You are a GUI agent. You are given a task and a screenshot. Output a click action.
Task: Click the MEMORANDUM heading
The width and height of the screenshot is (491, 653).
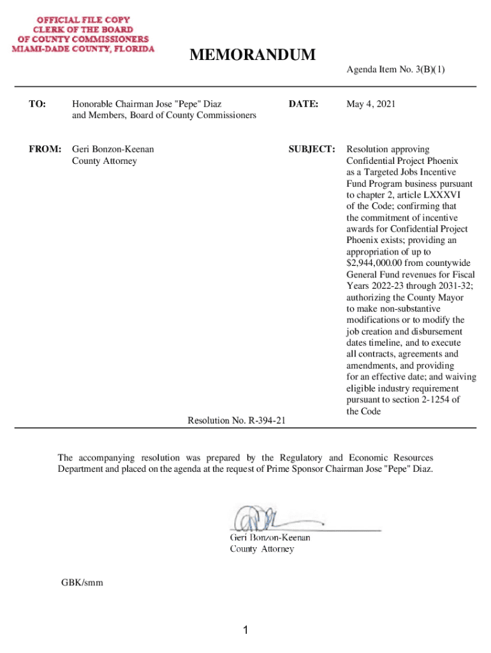click(253, 56)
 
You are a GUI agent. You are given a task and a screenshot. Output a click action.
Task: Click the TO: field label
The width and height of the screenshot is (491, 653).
click(37, 103)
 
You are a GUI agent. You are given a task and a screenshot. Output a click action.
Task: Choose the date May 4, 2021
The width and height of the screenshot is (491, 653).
click(371, 103)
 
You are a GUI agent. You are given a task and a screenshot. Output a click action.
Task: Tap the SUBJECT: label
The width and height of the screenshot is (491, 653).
click(312, 149)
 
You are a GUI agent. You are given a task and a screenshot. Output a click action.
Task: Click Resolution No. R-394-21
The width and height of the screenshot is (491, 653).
click(237, 420)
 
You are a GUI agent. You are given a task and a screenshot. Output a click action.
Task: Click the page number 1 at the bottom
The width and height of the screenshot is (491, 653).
click(245, 631)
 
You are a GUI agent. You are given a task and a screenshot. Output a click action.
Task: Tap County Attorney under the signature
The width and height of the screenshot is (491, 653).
click(262, 549)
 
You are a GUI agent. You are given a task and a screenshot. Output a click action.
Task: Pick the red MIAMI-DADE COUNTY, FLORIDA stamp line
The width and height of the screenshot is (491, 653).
click(84, 49)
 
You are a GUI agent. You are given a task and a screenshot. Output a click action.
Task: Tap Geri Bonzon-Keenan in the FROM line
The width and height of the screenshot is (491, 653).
click(113, 149)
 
